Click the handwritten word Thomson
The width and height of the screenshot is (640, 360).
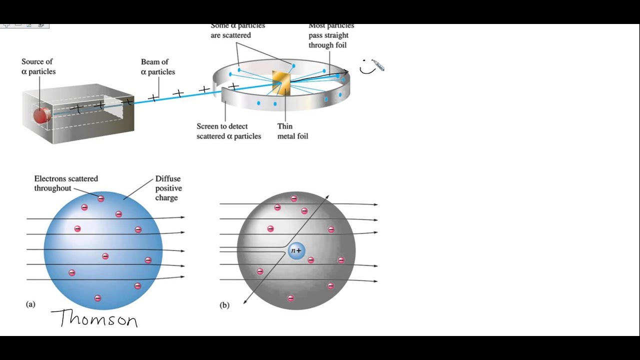coord(94,318)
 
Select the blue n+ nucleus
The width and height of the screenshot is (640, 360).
coord(296,251)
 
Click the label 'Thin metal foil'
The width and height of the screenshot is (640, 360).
coord(292,131)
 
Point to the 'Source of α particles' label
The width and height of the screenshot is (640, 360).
coord(38,66)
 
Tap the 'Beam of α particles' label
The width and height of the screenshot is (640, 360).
coord(157,67)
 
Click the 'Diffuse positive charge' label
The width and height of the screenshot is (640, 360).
coord(168,188)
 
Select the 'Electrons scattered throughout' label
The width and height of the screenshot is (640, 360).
coord(66,183)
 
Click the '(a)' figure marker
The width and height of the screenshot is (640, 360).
coord(30,304)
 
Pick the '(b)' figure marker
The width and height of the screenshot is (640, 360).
coord(224,305)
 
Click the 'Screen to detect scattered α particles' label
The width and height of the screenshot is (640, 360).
coord(228,131)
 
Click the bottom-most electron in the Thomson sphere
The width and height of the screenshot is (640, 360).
coord(97,298)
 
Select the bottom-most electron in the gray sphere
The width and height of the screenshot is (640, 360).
coord(290,298)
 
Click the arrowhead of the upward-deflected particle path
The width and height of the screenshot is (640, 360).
coord(327,197)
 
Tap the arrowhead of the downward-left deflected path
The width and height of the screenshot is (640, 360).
coord(244,302)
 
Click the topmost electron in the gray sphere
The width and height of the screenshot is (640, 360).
coord(294,198)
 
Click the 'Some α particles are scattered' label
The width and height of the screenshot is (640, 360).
coord(237,30)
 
